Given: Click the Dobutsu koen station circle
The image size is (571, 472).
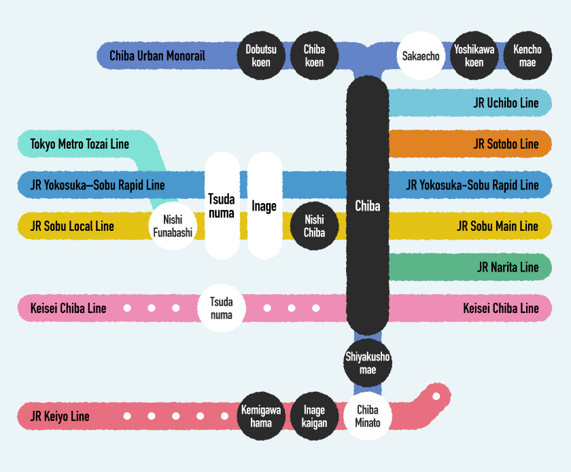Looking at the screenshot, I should (x=261, y=56).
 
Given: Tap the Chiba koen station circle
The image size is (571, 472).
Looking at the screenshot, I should (x=314, y=56).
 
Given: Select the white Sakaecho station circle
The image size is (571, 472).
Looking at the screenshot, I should (x=421, y=56).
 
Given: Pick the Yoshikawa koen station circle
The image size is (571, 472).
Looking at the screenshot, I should (x=474, y=56).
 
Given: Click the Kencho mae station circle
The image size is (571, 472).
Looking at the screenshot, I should (x=527, y=56).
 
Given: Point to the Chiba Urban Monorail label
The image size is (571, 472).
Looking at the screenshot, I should (x=157, y=56).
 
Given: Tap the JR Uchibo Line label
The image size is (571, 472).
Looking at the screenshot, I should (x=506, y=103).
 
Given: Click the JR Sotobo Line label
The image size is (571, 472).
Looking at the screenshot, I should (x=506, y=144).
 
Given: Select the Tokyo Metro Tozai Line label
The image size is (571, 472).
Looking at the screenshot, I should (x=80, y=144).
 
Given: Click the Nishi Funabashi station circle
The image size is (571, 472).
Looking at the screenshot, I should (x=173, y=226).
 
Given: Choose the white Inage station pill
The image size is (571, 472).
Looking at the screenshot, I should (x=264, y=205).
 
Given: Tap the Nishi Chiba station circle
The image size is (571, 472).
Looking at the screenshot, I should (x=314, y=226).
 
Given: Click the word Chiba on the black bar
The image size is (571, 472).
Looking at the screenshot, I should (x=368, y=205).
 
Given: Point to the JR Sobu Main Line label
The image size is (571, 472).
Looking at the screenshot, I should (x=498, y=226).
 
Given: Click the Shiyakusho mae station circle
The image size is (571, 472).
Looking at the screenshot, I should (x=368, y=363).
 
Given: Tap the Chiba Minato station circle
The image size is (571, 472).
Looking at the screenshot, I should (x=368, y=416).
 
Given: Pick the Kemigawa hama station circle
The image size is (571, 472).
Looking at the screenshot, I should (x=261, y=416).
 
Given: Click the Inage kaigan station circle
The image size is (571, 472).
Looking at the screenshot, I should (x=314, y=416).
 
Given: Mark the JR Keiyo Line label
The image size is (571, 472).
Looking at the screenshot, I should (x=60, y=416).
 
